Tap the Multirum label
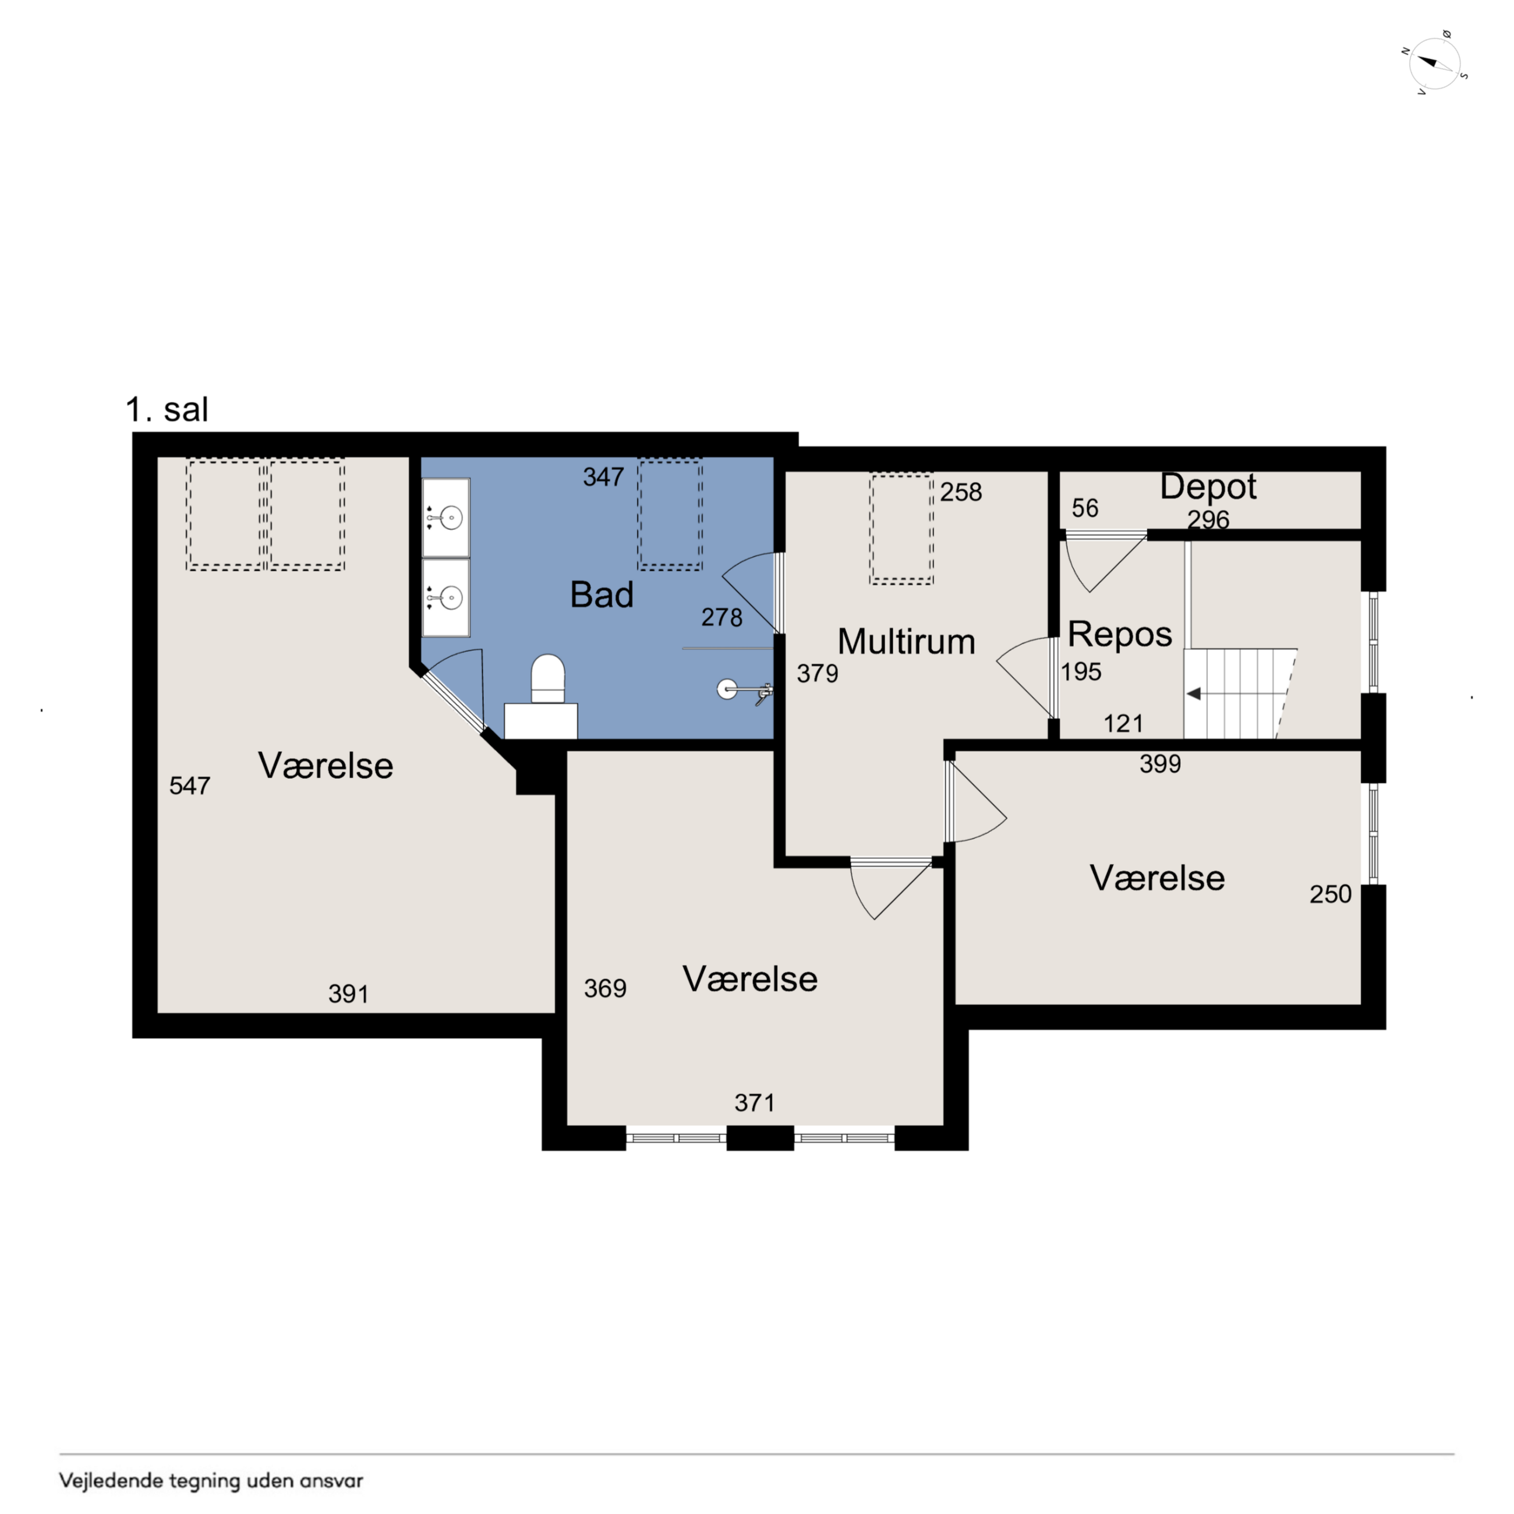[x=906, y=641]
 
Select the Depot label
[x=1208, y=487]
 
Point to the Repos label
[x=1119, y=634]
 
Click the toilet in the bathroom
[x=548, y=678]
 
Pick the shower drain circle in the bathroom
[x=727, y=689]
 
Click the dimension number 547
[x=190, y=785]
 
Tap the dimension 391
[x=348, y=993]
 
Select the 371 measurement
[x=754, y=1102]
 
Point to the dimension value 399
[x=1160, y=763]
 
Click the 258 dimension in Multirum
[x=961, y=491]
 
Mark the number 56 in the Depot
[x=1085, y=508]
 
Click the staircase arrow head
[x=1194, y=694]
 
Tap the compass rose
[x=1435, y=63]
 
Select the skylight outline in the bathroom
[x=670, y=514]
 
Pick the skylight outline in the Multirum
[x=901, y=529]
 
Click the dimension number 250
[x=1330, y=894]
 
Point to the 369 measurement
[x=605, y=988]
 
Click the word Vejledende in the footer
[x=112, y=1480]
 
